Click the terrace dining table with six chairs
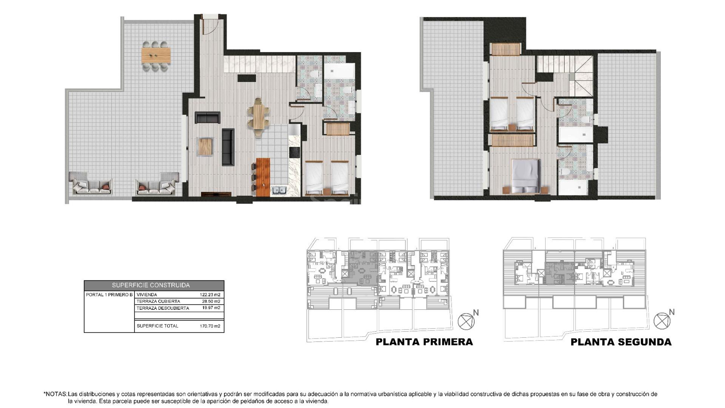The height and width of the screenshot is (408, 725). click(x=156, y=55)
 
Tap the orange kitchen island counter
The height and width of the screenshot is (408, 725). click(x=263, y=177)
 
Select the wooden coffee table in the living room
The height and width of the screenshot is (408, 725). click(x=205, y=147)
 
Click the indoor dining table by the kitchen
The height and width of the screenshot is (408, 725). click(x=259, y=117)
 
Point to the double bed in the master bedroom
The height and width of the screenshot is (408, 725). click(x=525, y=176)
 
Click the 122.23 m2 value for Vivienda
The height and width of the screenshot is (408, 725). click(x=210, y=295)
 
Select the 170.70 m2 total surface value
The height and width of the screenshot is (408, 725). click(x=210, y=326)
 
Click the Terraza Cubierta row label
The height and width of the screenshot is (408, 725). click(x=158, y=301)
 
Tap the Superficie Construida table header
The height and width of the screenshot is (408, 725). click(x=154, y=285)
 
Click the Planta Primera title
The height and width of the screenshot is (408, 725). click(x=424, y=342)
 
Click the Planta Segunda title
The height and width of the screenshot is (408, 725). click(x=621, y=342)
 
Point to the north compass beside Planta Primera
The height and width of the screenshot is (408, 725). click(x=466, y=321)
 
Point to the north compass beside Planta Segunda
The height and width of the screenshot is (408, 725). click(x=662, y=321)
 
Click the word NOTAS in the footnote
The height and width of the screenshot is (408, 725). click(x=56, y=394)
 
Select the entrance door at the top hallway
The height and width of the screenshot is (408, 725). click(x=210, y=23)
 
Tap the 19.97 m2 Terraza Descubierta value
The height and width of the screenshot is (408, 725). click(x=211, y=308)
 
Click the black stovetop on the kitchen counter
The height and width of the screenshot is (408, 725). click(x=294, y=152)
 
